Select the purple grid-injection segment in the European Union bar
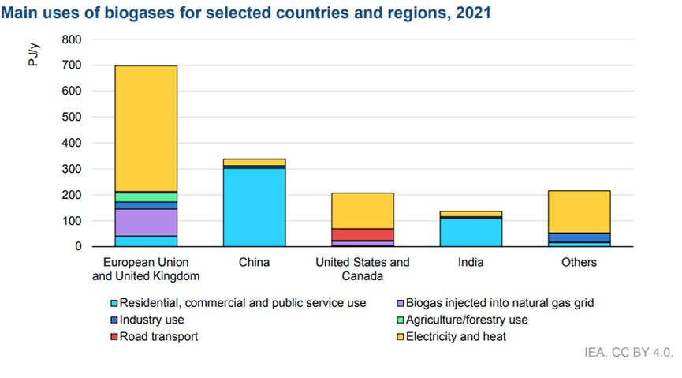click(x=146, y=222)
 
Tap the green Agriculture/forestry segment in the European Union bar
click(x=146, y=196)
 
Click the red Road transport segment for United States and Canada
click(x=363, y=234)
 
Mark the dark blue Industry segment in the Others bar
click(x=580, y=238)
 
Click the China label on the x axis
click(x=254, y=263)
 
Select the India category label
click(x=471, y=263)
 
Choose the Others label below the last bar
click(x=580, y=263)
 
